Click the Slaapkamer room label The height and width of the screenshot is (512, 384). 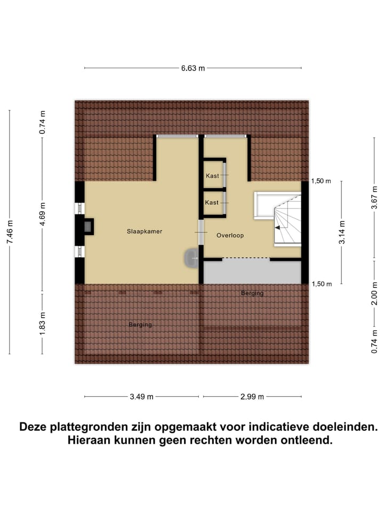pos(144,231)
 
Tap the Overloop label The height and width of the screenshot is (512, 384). pos(230,235)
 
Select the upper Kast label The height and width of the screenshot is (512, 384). pos(212,175)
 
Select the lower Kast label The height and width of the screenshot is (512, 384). pos(212,203)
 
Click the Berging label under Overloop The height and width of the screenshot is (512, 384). pos(252,293)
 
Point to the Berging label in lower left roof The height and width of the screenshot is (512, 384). pos(140,324)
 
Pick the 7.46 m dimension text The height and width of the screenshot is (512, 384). pos(10,232)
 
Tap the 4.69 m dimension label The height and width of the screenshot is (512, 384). pos(43,212)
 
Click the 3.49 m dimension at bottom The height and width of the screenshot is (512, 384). pos(142,397)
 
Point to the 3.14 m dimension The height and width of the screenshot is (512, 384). pos(342,232)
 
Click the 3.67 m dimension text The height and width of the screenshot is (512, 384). pos(375,198)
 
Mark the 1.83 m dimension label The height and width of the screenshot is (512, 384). pos(43,323)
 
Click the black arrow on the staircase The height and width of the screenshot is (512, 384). pos(277,228)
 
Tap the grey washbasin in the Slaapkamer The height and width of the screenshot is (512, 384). pos(190,259)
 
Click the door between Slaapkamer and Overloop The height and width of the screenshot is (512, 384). pos(201,233)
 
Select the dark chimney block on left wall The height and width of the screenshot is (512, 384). pos(87,227)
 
